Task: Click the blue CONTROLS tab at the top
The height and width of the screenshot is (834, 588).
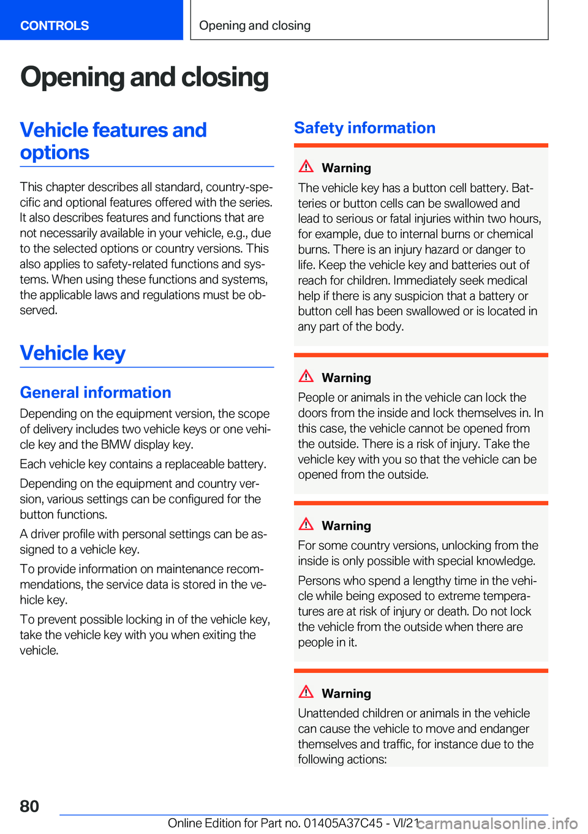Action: [55, 26]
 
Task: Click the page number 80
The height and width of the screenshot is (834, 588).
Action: [29, 806]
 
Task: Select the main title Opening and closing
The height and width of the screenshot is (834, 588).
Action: [145, 78]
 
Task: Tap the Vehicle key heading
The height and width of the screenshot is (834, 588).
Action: [73, 353]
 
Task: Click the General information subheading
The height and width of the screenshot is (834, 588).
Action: [96, 393]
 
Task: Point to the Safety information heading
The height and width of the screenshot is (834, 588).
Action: [364, 128]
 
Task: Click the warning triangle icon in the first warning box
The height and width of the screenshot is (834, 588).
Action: [306, 167]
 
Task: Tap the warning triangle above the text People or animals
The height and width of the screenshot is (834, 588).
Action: [306, 377]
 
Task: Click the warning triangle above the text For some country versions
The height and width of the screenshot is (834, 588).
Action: [306, 525]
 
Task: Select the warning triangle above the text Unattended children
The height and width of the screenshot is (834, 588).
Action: [306, 693]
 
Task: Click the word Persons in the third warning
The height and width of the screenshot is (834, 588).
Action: [319, 580]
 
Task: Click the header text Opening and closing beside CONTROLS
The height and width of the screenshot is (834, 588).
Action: [255, 26]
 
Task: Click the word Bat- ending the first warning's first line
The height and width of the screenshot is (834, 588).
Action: [522, 188]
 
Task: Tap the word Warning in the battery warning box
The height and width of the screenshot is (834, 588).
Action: [346, 168]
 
